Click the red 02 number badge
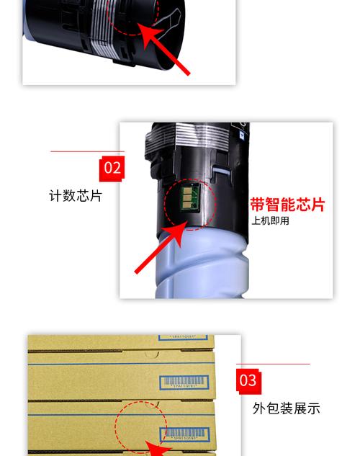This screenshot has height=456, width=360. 112,169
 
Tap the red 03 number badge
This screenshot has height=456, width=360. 247,380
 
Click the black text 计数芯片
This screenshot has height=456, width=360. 76,196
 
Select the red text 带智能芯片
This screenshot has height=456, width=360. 287,204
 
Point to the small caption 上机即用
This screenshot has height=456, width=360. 270,220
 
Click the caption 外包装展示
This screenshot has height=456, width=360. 286,408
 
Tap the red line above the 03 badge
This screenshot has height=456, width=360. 273,364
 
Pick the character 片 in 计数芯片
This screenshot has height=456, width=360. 96,196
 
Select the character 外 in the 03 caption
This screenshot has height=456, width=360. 259,408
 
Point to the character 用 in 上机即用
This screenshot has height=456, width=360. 284,220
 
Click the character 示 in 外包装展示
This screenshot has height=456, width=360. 313,408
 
